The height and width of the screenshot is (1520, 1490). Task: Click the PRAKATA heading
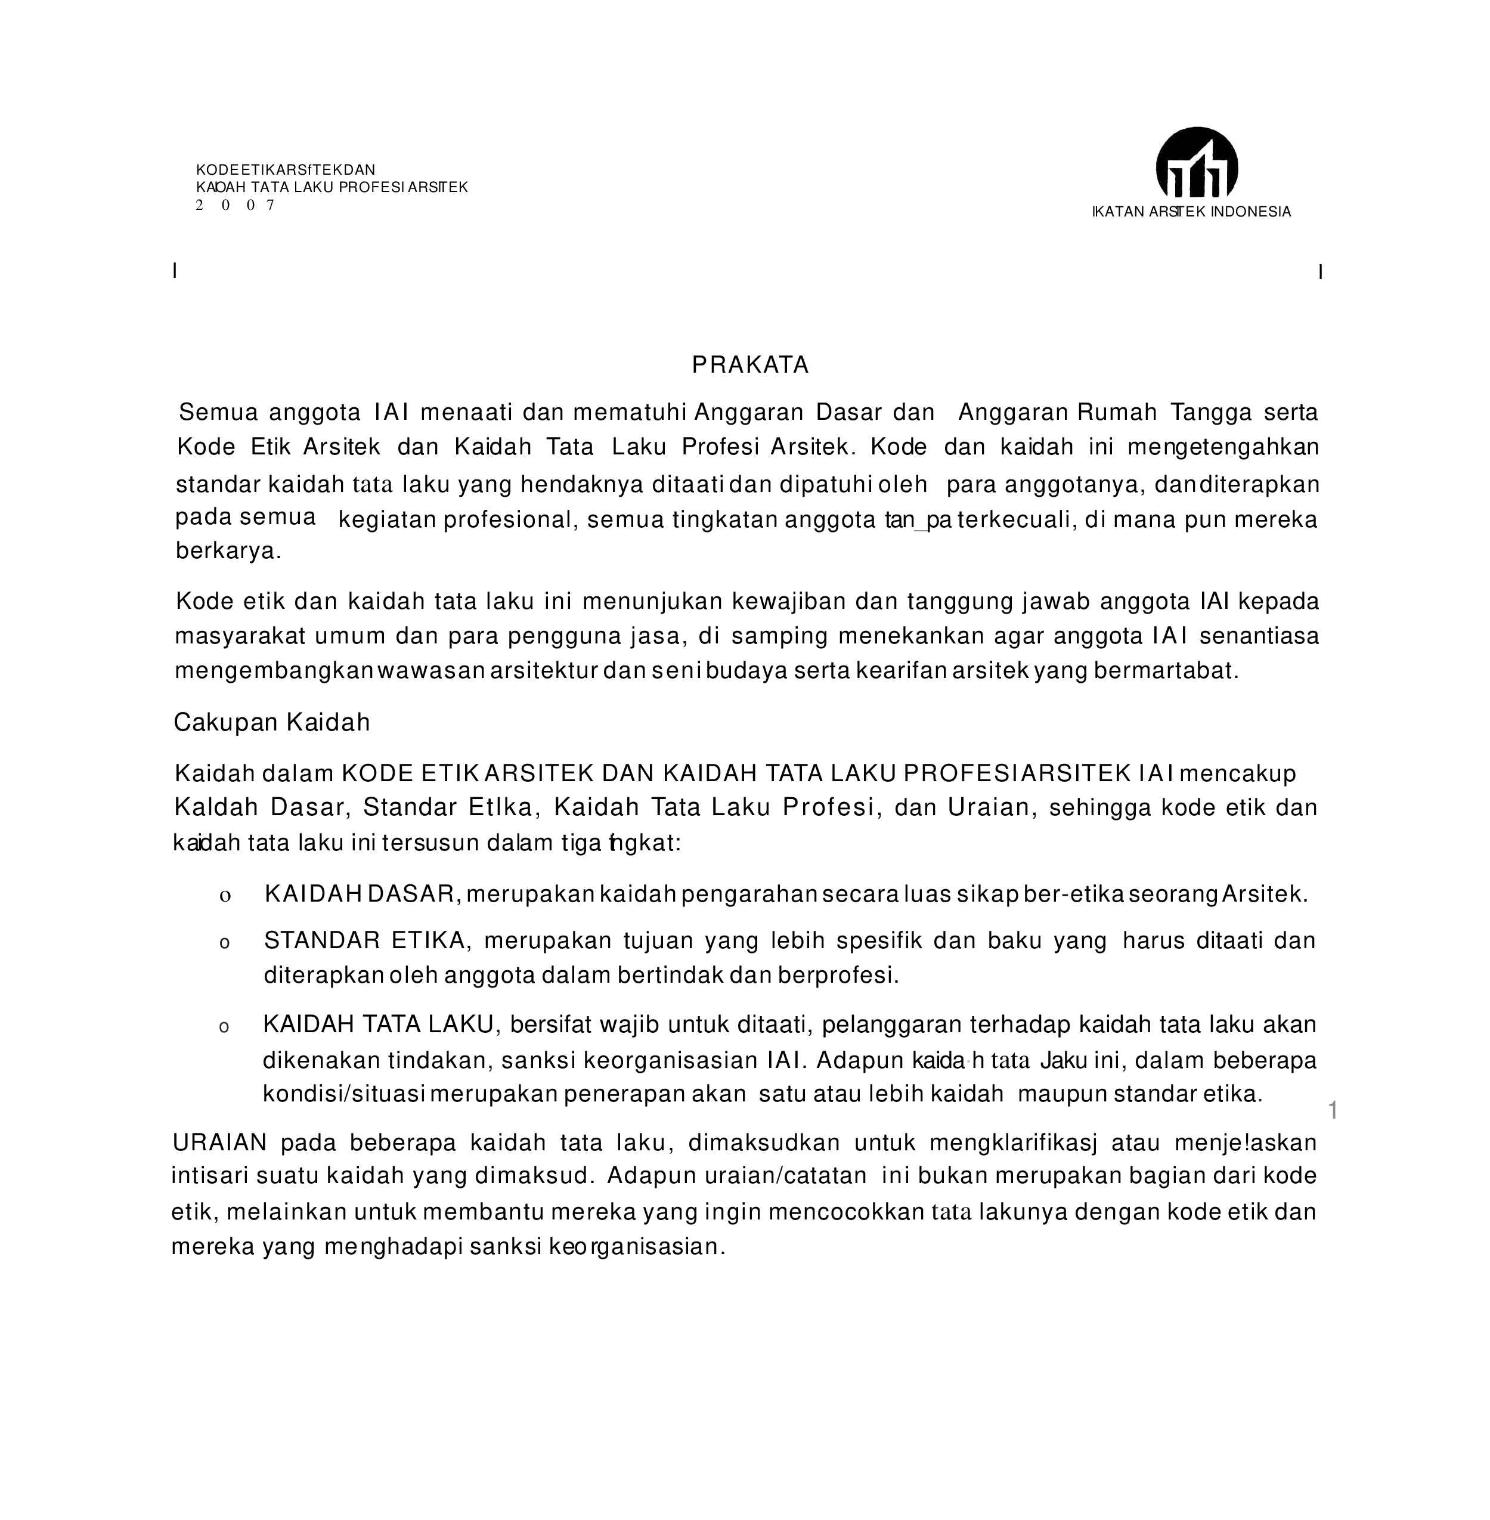(749, 365)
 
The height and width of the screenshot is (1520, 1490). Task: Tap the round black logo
(1197, 163)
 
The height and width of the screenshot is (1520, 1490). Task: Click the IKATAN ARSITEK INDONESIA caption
(1191, 212)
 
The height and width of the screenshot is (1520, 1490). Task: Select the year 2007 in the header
(235, 206)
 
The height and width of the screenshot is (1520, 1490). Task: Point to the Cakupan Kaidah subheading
(271, 722)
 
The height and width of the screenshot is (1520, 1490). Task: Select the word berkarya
(228, 551)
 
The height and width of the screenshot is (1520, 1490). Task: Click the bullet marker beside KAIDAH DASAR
(225, 897)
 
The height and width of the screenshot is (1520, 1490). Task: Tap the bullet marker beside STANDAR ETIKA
(225, 944)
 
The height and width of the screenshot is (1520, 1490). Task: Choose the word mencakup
(1237, 773)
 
